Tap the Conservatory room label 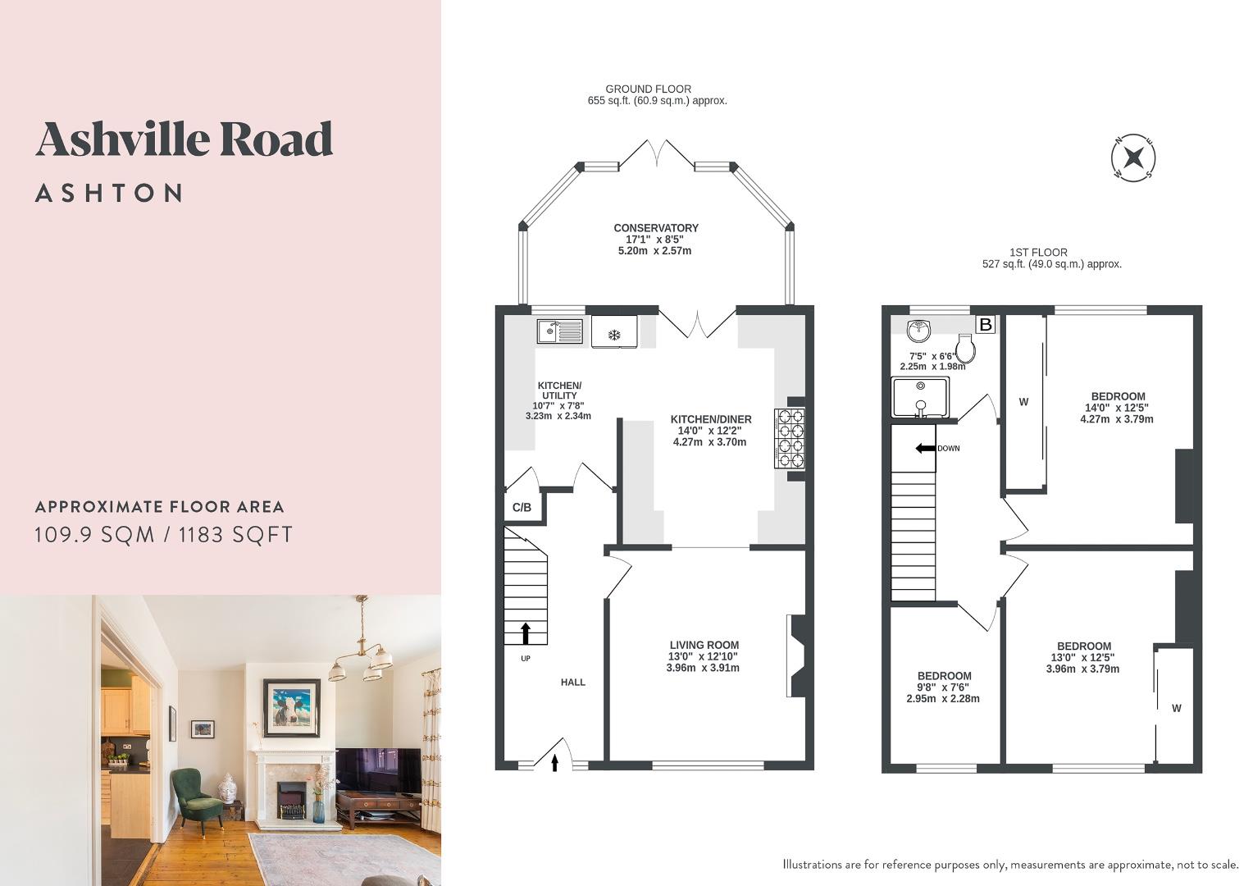(x=655, y=228)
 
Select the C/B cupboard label (x=522, y=508)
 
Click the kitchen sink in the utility (x=559, y=331)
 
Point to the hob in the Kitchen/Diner (x=789, y=438)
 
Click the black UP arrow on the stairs (x=525, y=633)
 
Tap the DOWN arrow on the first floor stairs (x=925, y=448)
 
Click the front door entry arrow (x=554, y=763)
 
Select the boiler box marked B (x=986, y=325)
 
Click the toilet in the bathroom (x=967, y=352)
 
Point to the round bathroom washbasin (x=918, y=331)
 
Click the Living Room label (x=704, y=646)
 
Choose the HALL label (x=573, y=682)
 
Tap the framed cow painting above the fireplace (x=291, y=704)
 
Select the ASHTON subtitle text (x=109, y=194)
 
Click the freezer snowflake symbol (x=613, y=334)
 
